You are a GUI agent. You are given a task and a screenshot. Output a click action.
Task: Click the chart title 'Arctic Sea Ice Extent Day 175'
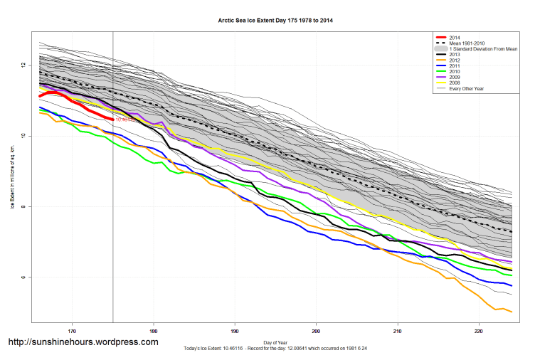[x=275, y=21]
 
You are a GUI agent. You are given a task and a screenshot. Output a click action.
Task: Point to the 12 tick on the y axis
[x=23, y=65]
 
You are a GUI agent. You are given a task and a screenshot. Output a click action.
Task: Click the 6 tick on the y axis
[x=23, y=277]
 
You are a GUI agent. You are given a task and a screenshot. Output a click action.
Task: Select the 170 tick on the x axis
[x=72, y=331]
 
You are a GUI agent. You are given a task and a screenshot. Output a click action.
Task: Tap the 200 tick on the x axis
[x=316, y=331]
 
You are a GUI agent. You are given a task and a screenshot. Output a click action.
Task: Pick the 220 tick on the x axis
[x=479, y=331]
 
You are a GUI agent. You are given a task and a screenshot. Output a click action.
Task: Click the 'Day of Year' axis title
[x=275, y=343]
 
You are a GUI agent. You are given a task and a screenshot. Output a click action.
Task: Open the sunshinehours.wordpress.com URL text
[x=83, y=342]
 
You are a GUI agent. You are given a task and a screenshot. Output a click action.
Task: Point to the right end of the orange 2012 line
[x=512, y=312]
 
